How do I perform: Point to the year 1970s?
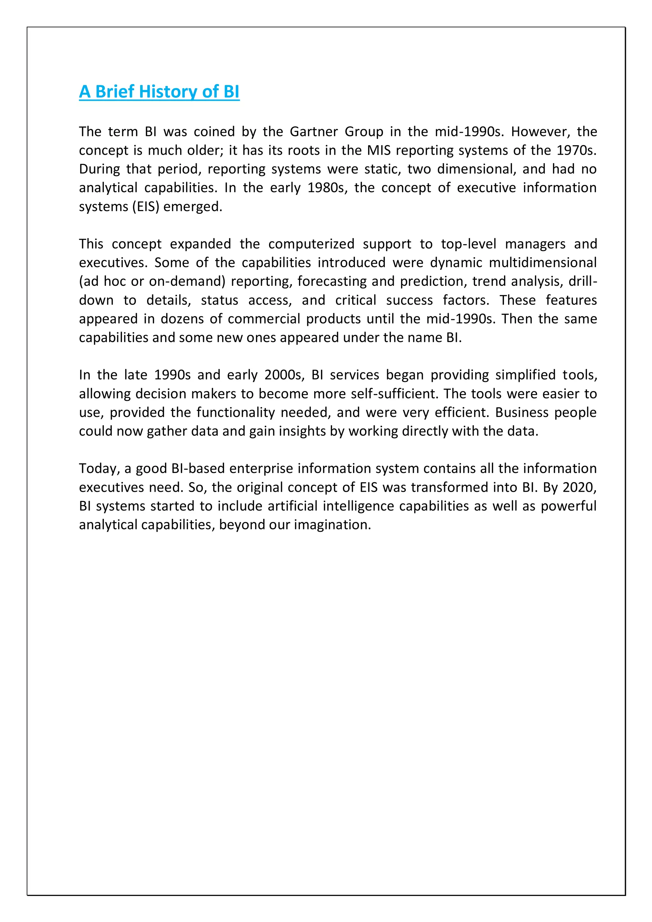[576, 150]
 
